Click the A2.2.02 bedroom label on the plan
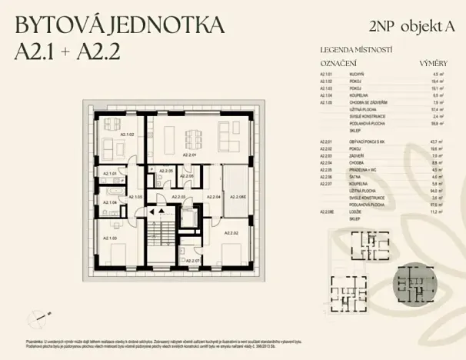point(231,232)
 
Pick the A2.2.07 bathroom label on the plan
point(191,261)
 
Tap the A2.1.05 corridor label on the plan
point(135,197)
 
